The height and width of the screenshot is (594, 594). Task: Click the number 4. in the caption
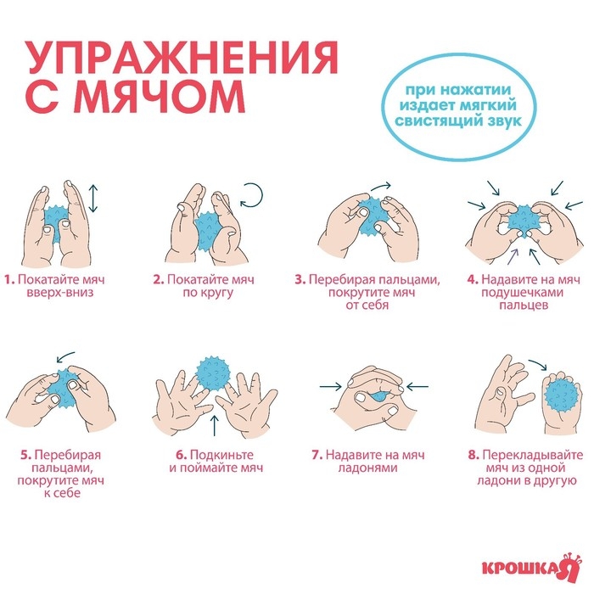(x=471, y=278)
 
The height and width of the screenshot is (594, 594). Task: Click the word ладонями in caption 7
(x=367, y=468)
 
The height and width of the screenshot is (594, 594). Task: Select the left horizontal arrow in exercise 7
(x=331, y=387)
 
